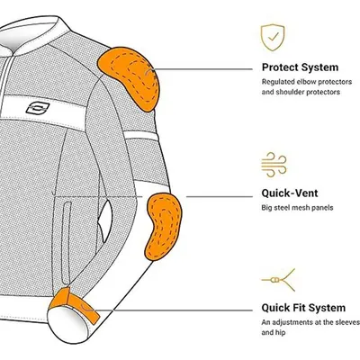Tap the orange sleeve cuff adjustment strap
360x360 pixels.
point(74,304)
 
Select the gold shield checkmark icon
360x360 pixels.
point(273,38)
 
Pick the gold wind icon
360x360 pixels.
point(274,165)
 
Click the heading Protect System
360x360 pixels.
point(300,67)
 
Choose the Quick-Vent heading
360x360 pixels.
point(290,193)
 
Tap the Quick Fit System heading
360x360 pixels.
point(303,308)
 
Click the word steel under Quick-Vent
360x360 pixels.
point(282,208)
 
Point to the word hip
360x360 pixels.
point(281,333)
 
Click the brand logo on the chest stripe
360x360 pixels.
point(38,108)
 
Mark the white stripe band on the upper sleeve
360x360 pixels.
point(140,136)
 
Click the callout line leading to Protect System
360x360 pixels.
point(203,69)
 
